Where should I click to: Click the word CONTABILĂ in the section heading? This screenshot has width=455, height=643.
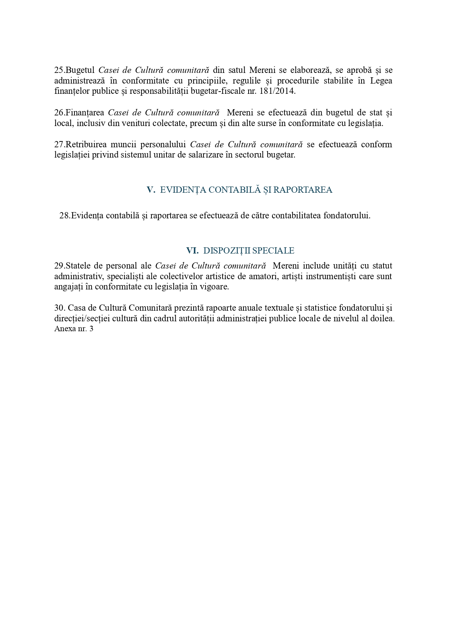point(231,190)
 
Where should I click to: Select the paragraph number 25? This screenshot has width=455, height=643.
point(59,70)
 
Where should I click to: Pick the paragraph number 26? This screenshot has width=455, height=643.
point(59,112)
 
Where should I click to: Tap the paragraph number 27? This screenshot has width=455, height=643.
point(59,144)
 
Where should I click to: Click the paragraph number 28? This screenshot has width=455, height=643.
point(65,215)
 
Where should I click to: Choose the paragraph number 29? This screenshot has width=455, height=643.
point(59,266)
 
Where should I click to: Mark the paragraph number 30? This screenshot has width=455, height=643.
point(60,308)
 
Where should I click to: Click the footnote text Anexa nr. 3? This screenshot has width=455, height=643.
point(74,329)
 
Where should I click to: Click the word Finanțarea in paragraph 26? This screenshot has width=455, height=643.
point(85,112)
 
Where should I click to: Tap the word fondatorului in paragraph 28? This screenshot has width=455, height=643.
point(346,215)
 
